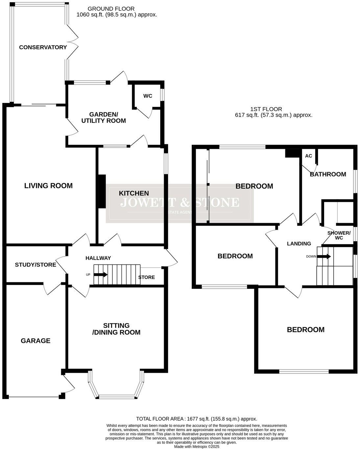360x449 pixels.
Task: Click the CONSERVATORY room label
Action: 43,47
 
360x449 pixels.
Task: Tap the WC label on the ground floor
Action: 148,96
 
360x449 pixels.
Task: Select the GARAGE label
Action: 36,341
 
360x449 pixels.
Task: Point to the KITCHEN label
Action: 134,193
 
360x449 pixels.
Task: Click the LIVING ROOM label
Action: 48,186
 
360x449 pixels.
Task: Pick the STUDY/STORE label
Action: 36,265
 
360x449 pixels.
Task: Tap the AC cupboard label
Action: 308,156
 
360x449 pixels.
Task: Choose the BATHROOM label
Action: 328,174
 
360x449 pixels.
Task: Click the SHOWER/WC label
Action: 339,235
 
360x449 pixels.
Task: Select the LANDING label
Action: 299,244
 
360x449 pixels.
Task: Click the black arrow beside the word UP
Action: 101,274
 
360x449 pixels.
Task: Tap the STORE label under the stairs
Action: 146,277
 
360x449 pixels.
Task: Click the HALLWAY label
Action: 98,258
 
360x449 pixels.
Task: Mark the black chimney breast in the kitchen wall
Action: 102,191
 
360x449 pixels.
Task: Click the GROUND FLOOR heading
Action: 111,9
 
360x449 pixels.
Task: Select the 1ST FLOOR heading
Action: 266,109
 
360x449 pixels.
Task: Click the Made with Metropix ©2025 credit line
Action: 197,446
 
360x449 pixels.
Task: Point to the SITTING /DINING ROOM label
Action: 116,329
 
